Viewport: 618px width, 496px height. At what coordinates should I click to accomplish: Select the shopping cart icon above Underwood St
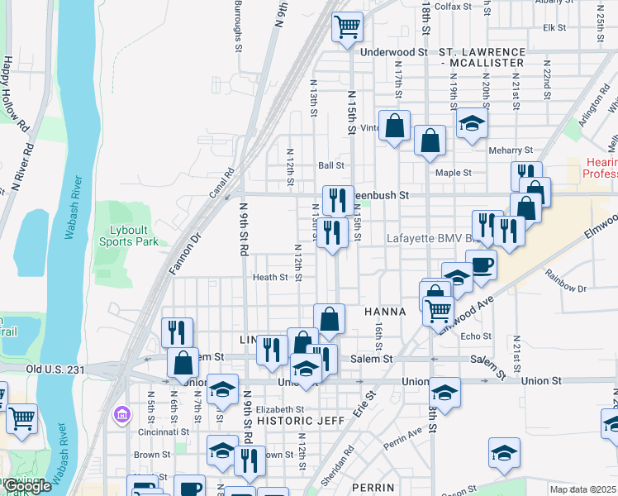coord(348,26)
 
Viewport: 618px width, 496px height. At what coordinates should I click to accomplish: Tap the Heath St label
coord(270,278)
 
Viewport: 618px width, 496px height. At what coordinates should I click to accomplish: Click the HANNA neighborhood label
coord(384,312)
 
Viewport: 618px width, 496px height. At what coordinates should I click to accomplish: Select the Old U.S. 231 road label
coord(55,370)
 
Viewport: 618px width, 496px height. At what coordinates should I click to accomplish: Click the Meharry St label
coord(511,150)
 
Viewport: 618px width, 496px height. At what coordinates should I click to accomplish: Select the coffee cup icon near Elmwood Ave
coord(481,265)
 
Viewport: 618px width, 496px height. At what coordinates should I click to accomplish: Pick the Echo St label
coord(476,336)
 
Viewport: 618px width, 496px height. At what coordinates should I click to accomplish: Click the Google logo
coord(26,487)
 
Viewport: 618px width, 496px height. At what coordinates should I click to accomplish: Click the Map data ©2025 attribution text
coord(582,489)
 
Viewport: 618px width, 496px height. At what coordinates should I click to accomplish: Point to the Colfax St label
coord(453,6)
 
